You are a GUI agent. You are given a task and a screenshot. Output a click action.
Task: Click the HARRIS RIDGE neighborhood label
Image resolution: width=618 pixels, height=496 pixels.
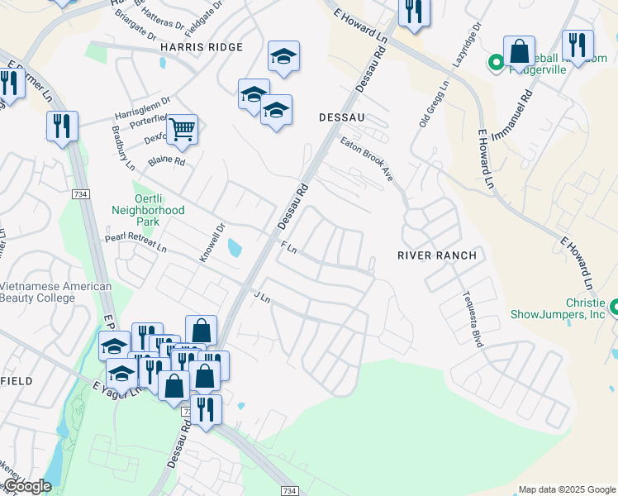202,48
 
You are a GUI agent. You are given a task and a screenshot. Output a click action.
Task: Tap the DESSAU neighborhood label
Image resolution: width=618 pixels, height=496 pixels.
342,118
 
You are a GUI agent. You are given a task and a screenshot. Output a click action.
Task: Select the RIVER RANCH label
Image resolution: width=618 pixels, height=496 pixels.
437,255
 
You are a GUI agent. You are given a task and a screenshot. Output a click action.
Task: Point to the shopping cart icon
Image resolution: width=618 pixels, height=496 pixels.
182,128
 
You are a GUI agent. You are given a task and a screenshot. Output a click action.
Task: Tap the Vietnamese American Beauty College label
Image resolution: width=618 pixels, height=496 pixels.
55,292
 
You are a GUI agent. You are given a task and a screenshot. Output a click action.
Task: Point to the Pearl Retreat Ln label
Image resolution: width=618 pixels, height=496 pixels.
135,242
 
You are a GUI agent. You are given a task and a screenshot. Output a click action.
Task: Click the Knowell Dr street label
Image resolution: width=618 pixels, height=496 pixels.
212,244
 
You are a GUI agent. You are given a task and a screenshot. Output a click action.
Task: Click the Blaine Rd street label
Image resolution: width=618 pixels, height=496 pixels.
166,161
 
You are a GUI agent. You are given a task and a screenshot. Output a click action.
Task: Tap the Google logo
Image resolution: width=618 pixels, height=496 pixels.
27,486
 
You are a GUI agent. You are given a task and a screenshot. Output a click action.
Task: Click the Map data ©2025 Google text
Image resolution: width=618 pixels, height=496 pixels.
566,489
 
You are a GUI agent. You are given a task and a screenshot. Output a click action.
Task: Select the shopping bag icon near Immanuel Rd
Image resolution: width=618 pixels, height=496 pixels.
520,52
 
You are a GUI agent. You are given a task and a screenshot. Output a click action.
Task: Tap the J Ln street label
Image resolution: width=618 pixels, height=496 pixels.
263,295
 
